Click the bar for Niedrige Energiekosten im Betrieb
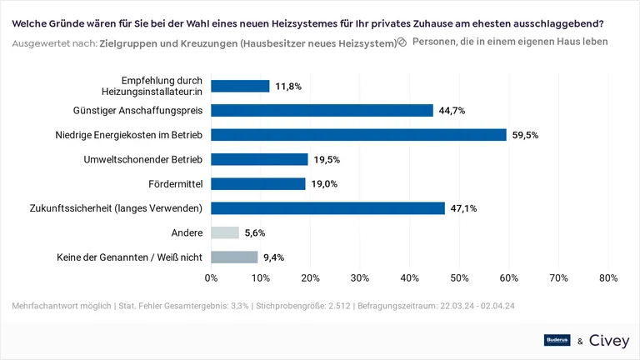(x=358, y=134)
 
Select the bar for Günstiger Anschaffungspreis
(x=322, y=110)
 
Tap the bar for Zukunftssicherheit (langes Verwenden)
(x=327, y=208)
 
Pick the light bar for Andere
(x=225, y=232)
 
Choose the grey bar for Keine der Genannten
(x=234, y=257)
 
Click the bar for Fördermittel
(x=258, y=183)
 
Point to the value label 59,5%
(x=526, y=134)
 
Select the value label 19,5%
(x=327, y=159)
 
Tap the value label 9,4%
(x=272, y=257)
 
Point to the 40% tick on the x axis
(x=409, y=277)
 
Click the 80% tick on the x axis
(x=607, y=277)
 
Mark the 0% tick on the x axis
(x=211, y=277)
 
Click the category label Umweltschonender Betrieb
(x=143, y=159)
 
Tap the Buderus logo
(x=556, y=340)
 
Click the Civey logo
(x=608, y=340)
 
